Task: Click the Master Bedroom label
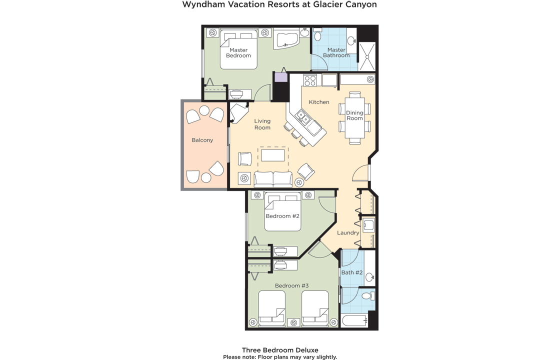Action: (x=238, y=53)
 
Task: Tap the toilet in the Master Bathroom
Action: (x=317, y=34)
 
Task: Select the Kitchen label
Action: (x=319, y=102)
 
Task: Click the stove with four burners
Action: (x=309, y=80)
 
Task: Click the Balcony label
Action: (x=202, y=140)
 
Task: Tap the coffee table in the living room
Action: (x=273, y=155)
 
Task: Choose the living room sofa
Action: (x=273, y=179)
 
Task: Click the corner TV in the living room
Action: (x=238, y=112)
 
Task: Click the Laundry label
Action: (x=348, y=233)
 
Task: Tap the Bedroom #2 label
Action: (x=282, y=216)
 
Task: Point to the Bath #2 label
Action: (x=352, y=272)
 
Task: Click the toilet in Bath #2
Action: (x=368, y=295)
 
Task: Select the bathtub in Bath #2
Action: (x=354, y=321)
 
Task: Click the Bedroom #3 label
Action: (x=292, y=285)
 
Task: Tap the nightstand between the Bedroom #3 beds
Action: (x=293, y=322)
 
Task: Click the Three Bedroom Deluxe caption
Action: (x=280, y=350)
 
